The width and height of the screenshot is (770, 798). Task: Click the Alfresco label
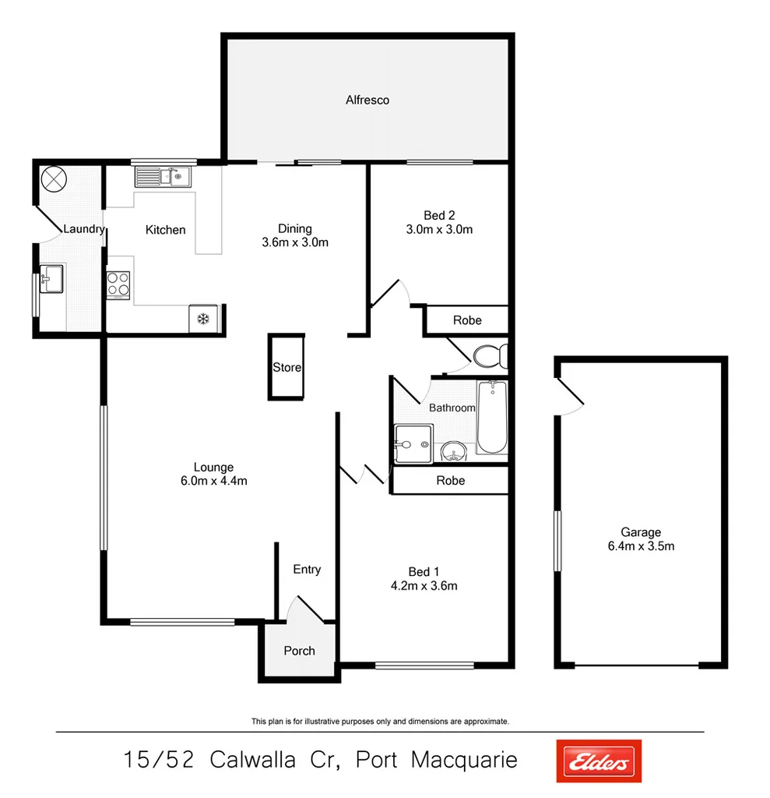pyautogui.click(x=367, y=100)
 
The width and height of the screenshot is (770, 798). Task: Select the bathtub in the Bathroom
pyautogui.click(x=491, y=417)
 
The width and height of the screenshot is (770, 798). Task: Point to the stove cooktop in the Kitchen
pyautogui.click(x=118, y=284)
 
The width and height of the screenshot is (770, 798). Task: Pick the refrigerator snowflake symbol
pyautogui.click(x=202, y=318)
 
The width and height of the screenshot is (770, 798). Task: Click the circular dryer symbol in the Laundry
pyautogui.click(x=54, y=178)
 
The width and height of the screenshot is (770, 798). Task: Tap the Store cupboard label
pyautogui.click(x=287, y=367)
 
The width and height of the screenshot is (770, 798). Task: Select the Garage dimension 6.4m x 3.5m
pyautogui.click(x=642, y=546)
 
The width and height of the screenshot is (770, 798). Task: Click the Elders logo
pyautogui.click(x=599, y=761)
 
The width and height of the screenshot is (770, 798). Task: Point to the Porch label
pyautogui.click(x=299, y=650)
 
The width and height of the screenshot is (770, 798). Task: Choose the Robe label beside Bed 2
pyautogui.click(x=467, y=320)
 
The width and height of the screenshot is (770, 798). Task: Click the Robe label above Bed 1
pyautogui.click(x=450, y=480)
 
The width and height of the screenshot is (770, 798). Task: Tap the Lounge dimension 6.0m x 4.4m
pyautogui.click(x=213, y=480)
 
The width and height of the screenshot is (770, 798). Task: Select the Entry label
pyautogui.click(x=307, y=570)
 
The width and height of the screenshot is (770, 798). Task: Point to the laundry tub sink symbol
pyautogui.click(x=52, y=278)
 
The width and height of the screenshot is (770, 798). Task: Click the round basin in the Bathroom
pyautogui.click(x=452, y=451)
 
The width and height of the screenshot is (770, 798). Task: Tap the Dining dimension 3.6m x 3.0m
pyautogui.click(x=295, y=242)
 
